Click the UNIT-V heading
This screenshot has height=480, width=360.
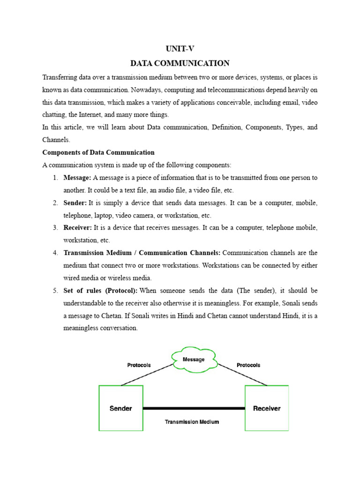pos(180,48)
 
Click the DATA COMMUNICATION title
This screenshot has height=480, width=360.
pos(180,63)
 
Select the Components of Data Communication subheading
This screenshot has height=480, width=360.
pos(98,152)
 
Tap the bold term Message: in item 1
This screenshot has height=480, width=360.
pos(77,178)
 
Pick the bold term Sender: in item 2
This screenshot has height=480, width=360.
pos(75,203)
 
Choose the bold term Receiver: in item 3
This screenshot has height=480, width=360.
pos(78,228)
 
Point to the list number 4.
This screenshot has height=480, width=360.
pos(55,253)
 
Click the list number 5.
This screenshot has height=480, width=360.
pos(55,291)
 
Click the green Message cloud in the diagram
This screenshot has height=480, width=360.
pos(194,360)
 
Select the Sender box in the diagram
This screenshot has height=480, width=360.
pos(121,408)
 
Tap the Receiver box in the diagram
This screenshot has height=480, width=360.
pos(267,408)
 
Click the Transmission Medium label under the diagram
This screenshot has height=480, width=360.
pos(192,422)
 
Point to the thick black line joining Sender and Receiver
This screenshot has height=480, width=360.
pos(194,408)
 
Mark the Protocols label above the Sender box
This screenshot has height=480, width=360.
pos(139,365)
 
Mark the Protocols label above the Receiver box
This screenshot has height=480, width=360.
pos(248,365)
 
